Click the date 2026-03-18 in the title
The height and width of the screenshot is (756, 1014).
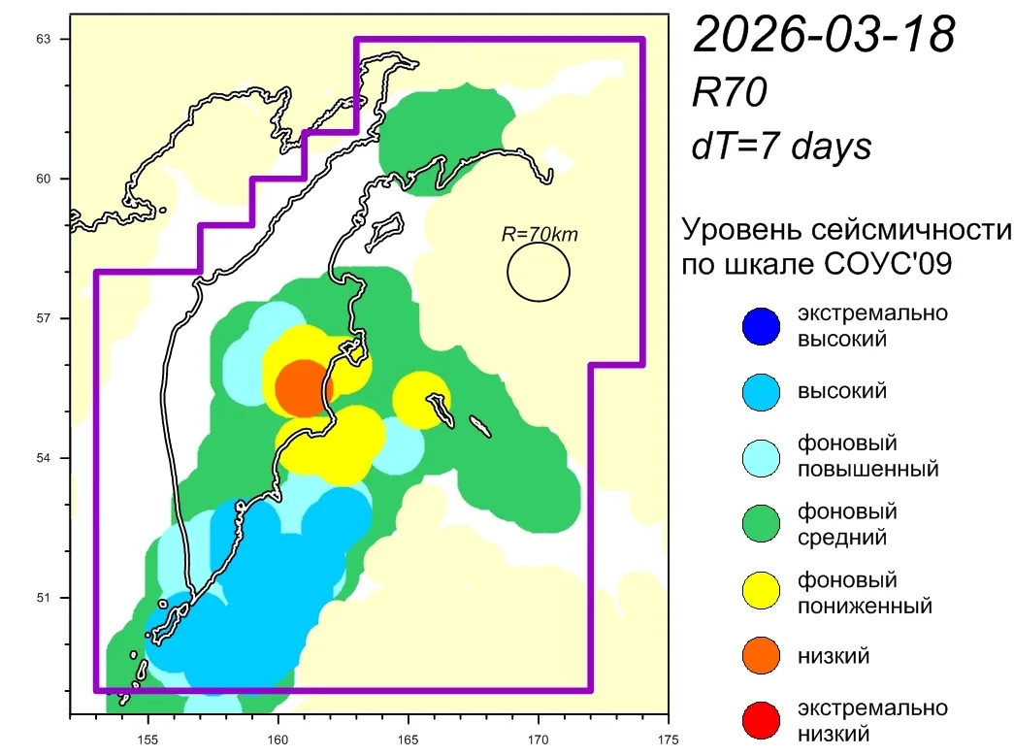(824, 34)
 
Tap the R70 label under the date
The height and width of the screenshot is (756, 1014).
(729, 92)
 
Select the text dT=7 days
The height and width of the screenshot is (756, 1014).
(781, 146)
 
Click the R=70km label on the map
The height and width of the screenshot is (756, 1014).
(540, 234)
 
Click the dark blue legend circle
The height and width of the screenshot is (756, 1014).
(761, 326)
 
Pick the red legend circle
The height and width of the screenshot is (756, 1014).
(761, 720)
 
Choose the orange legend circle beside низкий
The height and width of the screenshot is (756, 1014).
(761, 655)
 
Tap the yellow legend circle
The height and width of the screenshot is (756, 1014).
(761, 590)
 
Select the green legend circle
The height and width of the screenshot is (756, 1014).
(761, 523)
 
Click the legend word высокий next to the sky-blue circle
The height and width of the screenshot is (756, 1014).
(842, 391)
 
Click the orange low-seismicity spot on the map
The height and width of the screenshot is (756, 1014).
(303, 388)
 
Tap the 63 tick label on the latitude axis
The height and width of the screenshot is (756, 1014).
(43, 39)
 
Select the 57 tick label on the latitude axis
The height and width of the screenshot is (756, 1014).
(43, 318)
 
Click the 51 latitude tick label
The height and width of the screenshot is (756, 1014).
(43, 598)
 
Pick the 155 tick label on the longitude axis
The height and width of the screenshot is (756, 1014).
(148, 740)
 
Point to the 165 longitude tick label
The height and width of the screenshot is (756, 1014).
(409, 740)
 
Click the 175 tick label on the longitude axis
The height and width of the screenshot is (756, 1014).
(668, 740)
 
